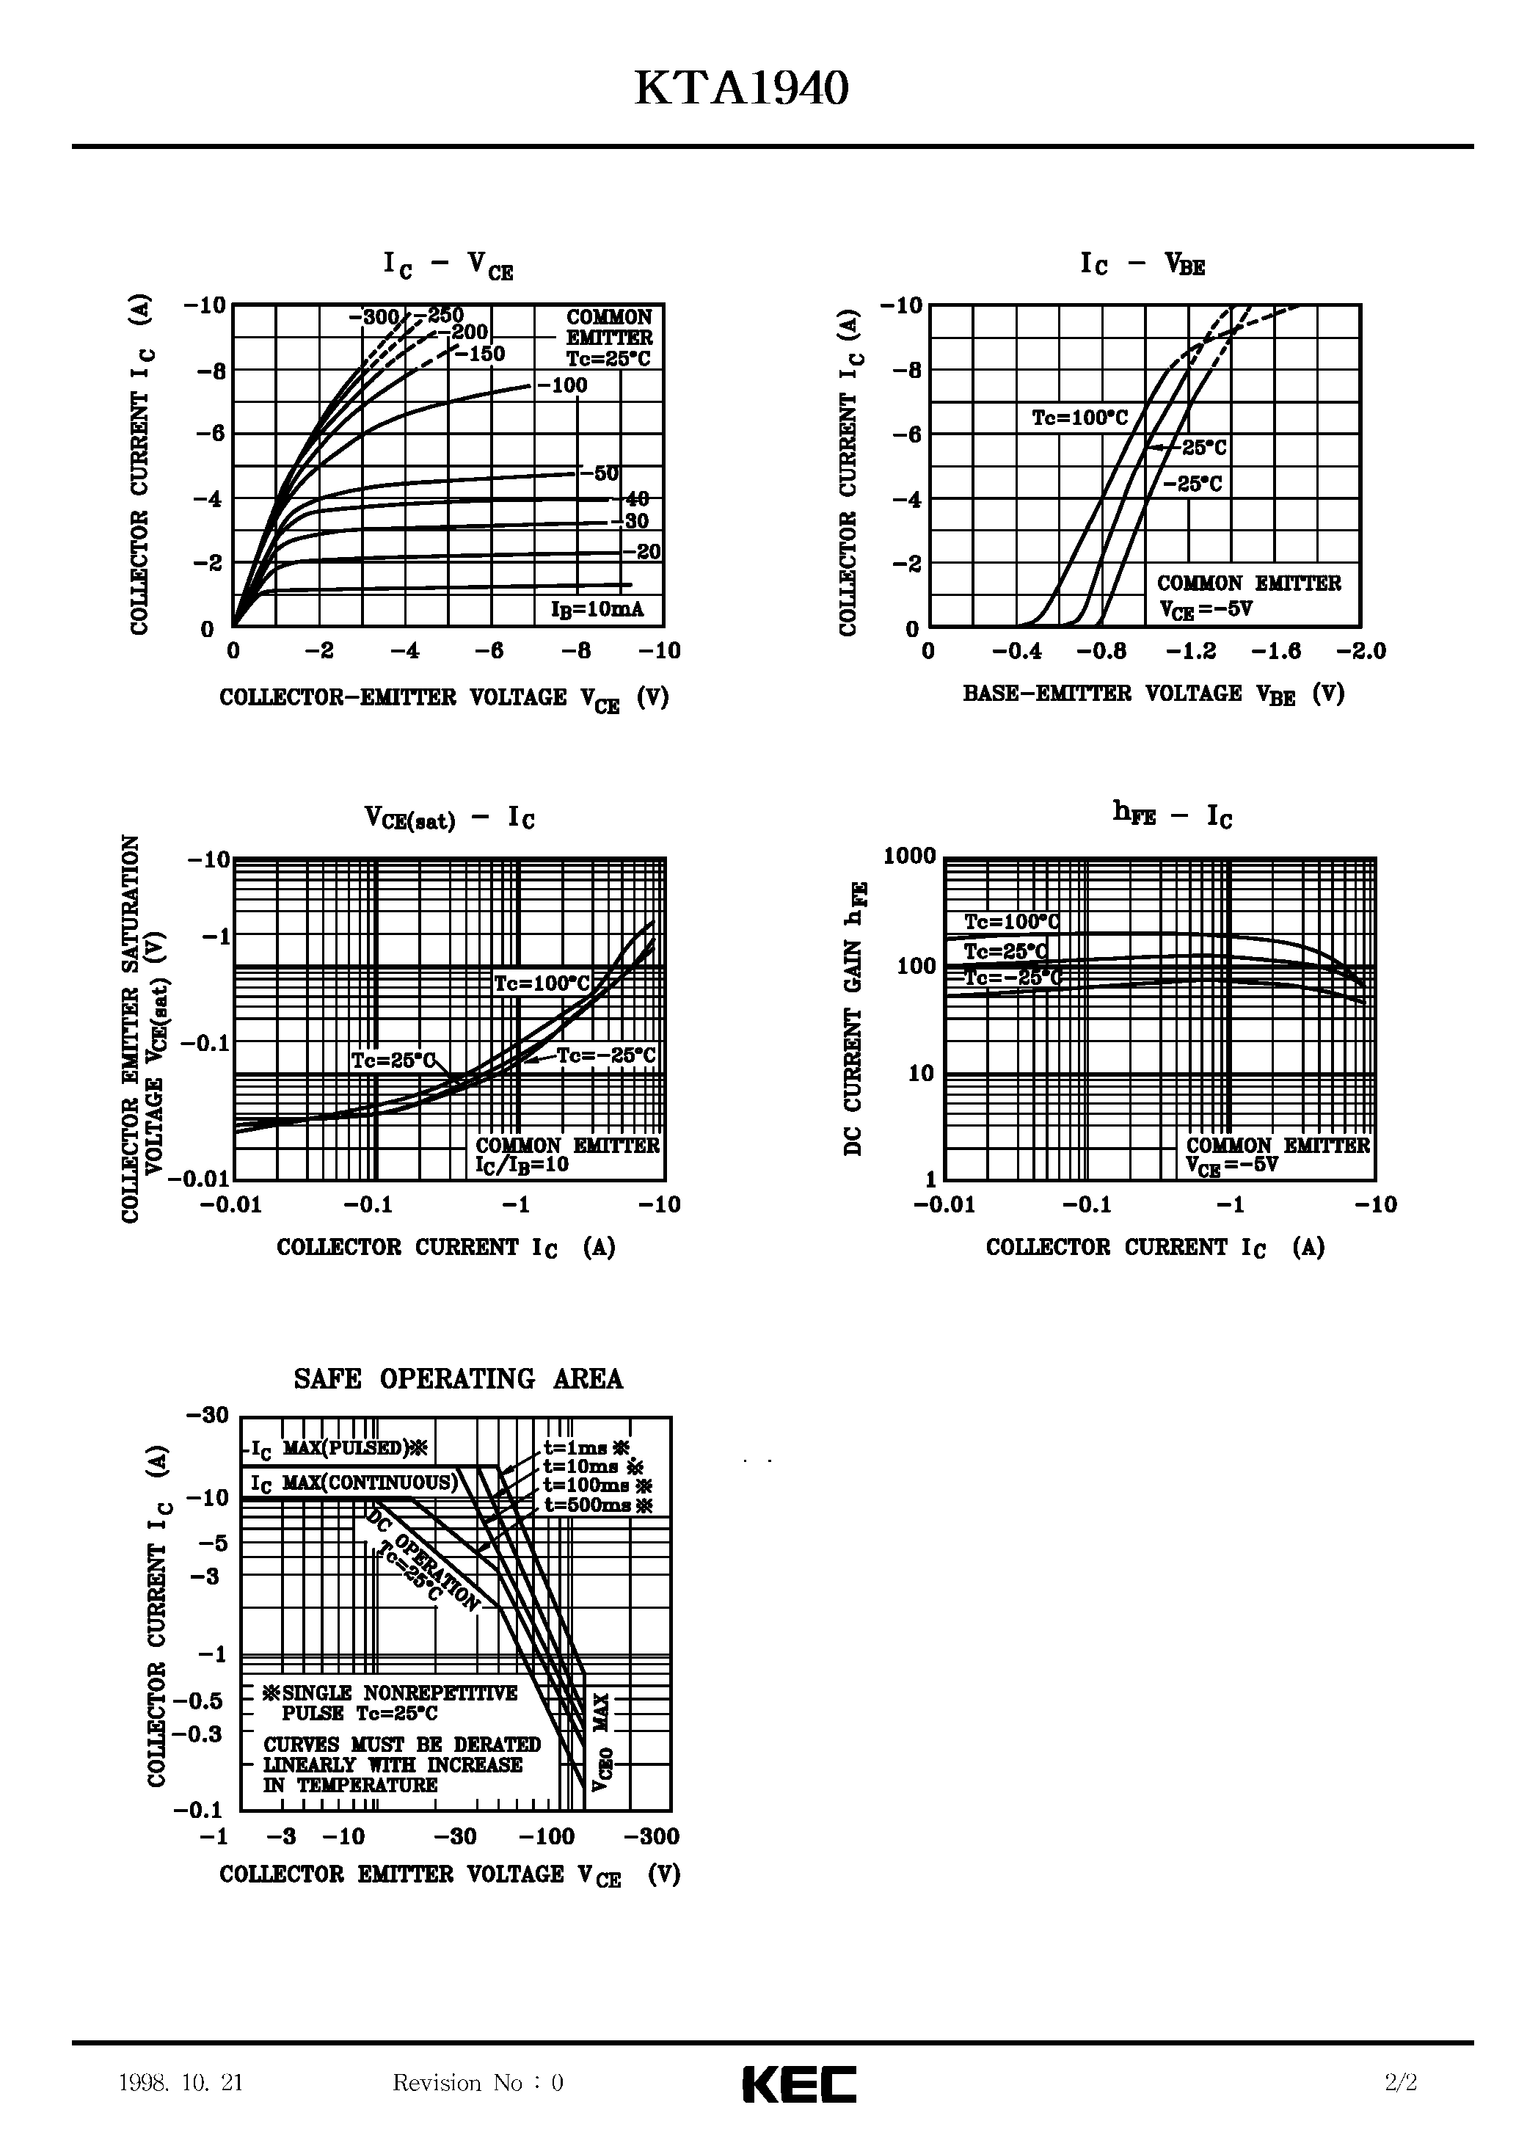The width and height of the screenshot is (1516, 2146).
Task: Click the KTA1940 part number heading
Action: click(741, 90)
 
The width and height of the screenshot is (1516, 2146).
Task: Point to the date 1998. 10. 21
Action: click(181, 2082)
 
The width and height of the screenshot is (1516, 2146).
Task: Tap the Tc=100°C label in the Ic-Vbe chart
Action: click(1079, 418)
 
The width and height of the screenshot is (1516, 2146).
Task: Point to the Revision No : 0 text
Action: click(478, 2082)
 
